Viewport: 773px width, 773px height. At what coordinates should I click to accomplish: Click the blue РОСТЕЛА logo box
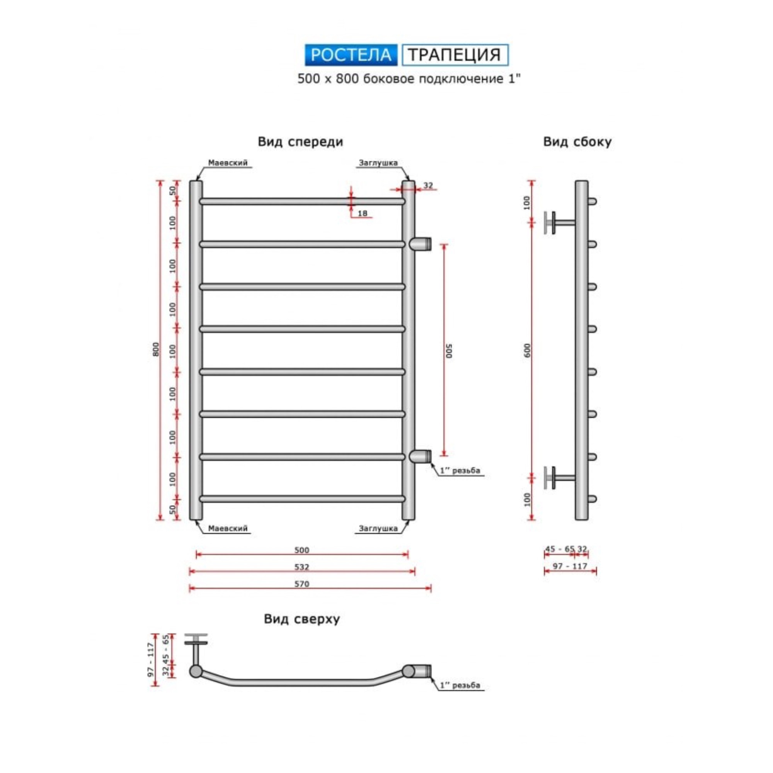point(351,55)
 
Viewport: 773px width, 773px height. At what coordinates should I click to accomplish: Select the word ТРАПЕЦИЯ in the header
point(455,55)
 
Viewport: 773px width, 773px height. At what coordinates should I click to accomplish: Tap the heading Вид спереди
point(300,142)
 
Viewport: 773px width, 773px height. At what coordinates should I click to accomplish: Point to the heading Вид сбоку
point(577,142)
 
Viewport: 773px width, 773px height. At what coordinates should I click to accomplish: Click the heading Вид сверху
point(302,619)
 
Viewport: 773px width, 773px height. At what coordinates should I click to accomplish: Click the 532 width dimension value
point(302,567)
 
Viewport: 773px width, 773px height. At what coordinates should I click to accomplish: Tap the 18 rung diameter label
point(362,213)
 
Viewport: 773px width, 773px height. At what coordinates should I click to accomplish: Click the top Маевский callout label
point(228,163)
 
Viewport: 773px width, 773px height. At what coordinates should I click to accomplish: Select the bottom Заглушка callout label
point(378,528)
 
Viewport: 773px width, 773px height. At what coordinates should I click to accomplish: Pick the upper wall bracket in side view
point(559,223)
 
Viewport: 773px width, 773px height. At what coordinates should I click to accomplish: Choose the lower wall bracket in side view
point(559,477)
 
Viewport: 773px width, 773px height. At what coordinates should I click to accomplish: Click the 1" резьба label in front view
point(460,470)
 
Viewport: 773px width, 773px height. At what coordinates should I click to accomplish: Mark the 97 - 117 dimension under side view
point(570,566)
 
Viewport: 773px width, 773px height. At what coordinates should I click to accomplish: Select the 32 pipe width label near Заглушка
point(428,185)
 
